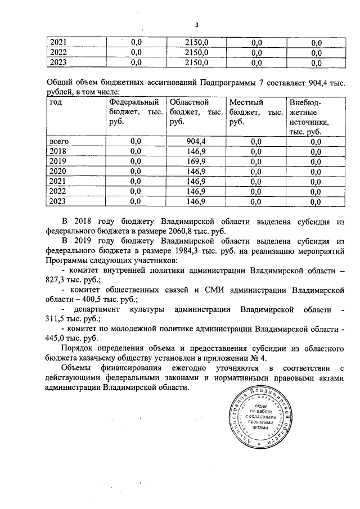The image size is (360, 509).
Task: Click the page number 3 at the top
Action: point(197,25)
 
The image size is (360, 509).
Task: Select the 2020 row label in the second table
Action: point(58,171)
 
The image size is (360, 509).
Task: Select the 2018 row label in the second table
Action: point(58,151)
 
